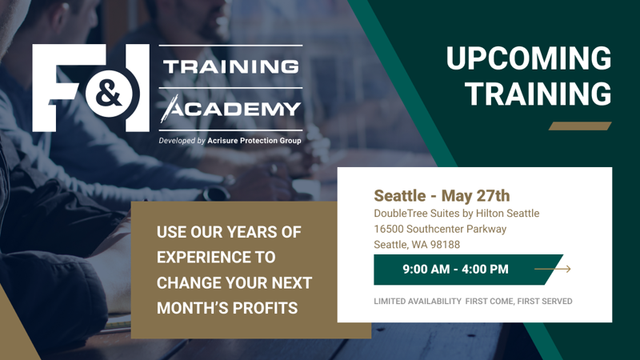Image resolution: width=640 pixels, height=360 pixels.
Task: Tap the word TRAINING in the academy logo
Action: click(x=231, y=66)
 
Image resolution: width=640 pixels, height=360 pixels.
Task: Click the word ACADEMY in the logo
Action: click(x=231, y=109)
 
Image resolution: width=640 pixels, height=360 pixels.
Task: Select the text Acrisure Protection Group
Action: click(x=254, y=141)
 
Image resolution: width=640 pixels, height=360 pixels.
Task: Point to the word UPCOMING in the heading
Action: click(x=529, y=58)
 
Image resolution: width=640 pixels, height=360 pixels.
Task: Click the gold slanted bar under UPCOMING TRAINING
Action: click(x=580, y=126)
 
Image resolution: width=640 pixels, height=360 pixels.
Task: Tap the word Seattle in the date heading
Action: click(x=399, y=196)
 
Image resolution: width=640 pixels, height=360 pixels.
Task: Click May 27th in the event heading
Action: click(x=475, y=196)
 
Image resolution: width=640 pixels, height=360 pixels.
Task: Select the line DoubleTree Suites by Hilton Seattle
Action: click(x=456, y=214)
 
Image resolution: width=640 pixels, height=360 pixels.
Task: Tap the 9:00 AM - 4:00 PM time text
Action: click(x=455, y=270)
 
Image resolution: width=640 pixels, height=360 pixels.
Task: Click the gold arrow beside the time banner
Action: click(x=553, y=269)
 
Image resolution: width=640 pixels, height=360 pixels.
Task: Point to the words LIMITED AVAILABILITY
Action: click(x=418, y=302)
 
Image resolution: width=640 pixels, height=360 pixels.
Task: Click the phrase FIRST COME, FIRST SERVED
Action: click(x=518, y=302)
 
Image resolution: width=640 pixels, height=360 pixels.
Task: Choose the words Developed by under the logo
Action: click(x=182, y=141)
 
